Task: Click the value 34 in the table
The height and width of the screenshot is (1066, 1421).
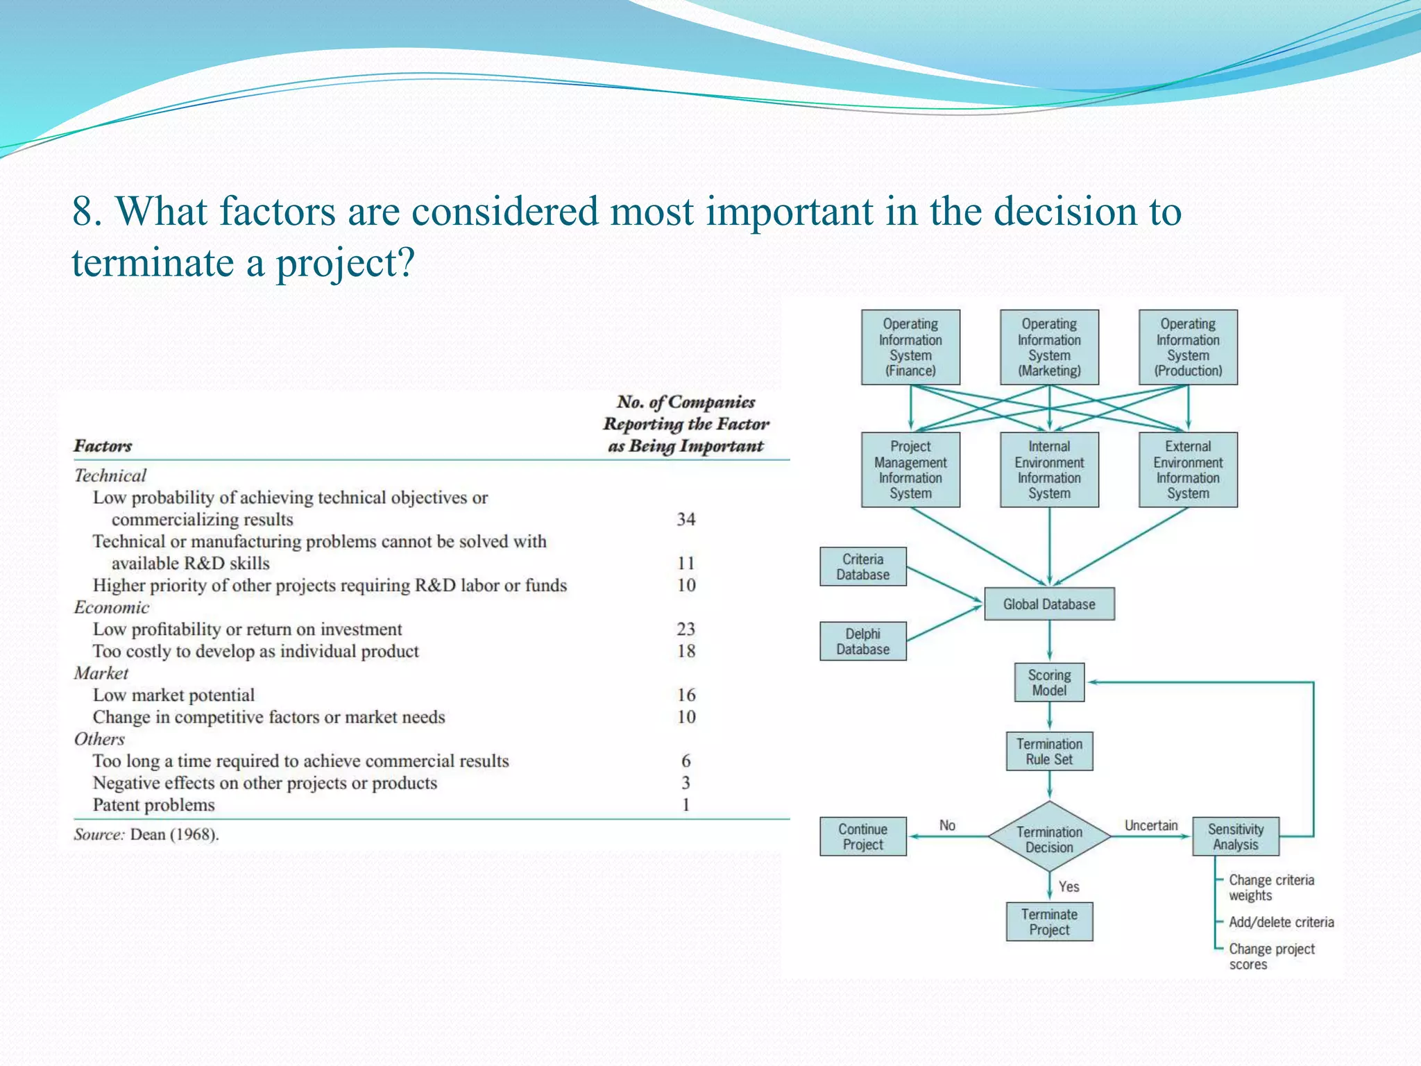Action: [x=686, y=519]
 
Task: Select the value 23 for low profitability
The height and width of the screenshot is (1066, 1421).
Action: [x=686, y=629]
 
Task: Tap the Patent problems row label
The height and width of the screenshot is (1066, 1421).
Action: [x=153, y=805]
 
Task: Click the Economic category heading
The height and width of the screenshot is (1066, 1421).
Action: [x=111, y=607]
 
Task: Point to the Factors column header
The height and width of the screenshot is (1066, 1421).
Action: [x=103, y=446]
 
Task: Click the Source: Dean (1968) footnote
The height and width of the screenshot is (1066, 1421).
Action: [x=146, y=834]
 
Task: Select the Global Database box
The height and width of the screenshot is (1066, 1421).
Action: [x=1048, y=604]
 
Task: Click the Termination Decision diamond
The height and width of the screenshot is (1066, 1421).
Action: [x=1048, y=838]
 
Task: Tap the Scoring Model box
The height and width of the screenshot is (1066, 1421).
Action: [x=1048, y=682]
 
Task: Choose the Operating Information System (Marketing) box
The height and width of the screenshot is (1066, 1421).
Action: [x=1048, y=347]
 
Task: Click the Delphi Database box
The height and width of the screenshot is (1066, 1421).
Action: [x=862, y=641]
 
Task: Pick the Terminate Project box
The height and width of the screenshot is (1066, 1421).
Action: [x=1048, y=922]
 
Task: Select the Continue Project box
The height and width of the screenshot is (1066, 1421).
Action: [x=862, y=836]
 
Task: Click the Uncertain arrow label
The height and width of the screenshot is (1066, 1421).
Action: [x=1150, y=825]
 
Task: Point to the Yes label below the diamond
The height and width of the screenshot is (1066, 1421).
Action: [x=1069, y=886]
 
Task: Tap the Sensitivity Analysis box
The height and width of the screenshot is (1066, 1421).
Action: [x=1235, y=836]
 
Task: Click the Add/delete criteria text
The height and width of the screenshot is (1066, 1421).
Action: [x=1281, y=922]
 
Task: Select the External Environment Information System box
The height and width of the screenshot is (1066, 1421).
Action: [x=1187, y=470]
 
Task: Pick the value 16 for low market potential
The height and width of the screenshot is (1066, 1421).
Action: [x=686, y=695]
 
